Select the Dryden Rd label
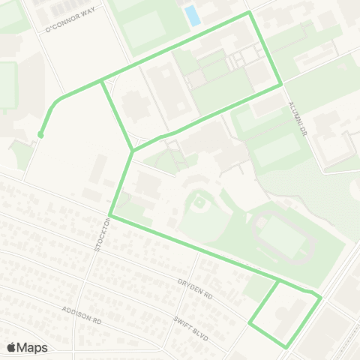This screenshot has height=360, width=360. (195, 289)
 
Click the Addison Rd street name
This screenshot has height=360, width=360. (82, 314)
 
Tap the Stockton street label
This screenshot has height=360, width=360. (100, 235)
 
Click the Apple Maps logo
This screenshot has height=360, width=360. (27, 347)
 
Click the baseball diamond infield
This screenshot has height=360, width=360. (199, 203)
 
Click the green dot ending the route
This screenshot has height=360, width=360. (40, 135)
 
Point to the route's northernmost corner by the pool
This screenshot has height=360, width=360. (248, 13)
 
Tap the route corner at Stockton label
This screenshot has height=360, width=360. (109, 216)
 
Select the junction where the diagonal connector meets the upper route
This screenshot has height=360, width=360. (101, 82)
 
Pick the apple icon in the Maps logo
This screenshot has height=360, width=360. (11, 347)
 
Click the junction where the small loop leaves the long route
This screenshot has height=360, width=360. (278, 281)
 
